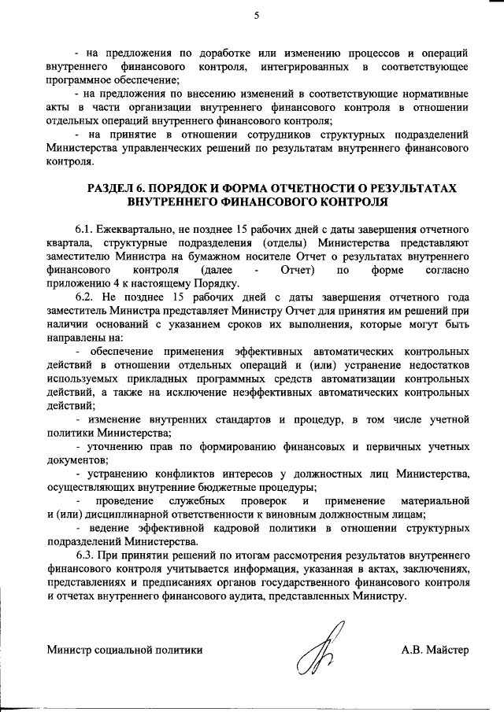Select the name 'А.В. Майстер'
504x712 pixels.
pyautogui.click(x=434, y=650)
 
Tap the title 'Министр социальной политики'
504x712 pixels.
pyautogui.click(x=124, y=650)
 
